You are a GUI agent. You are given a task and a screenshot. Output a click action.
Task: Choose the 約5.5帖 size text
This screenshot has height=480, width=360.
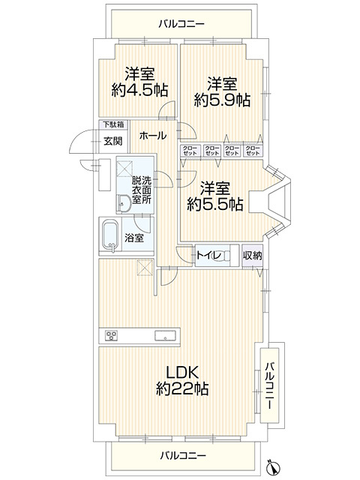[x=214, y=203]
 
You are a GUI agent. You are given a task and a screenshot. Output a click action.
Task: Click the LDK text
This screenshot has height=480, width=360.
[x=181, y=373]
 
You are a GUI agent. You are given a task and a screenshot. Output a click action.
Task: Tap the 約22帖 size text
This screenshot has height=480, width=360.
[x=181, y=389]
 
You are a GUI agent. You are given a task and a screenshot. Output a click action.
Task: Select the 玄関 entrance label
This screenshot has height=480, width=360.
[x=112, y=141]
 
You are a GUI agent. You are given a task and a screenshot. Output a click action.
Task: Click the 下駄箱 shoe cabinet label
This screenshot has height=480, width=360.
[x=113, y=125]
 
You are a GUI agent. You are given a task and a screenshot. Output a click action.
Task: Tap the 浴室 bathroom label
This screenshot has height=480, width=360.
[x=144, y=238]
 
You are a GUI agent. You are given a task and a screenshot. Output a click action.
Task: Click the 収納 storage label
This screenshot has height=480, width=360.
[x=252, y=256]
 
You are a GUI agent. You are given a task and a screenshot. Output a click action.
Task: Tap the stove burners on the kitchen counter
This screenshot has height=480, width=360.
[x=112, y=335]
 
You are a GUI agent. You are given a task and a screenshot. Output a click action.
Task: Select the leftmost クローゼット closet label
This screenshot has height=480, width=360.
[x=190, y=150]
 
